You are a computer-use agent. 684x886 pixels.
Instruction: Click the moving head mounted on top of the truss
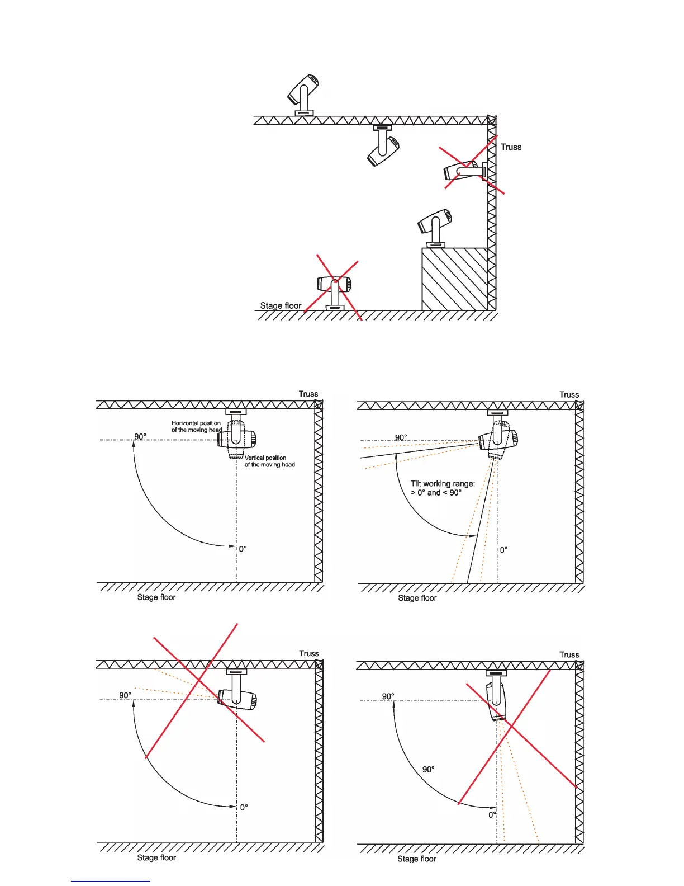click(303, 93)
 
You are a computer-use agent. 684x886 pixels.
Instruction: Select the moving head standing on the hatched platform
click(435, 225)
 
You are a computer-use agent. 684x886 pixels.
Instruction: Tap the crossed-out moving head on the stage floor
click(334, 288)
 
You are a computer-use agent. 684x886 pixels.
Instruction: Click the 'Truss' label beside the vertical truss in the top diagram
click(511, 147)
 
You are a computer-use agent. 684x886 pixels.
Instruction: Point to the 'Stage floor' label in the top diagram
click(281, 305)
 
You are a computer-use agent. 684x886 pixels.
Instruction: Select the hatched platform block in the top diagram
click(454, 279)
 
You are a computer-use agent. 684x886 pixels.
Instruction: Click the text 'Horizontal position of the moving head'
click(197, 426)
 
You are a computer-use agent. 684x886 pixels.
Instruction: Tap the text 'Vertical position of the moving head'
click(269, 461)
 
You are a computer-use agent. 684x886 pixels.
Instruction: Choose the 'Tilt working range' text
click(443, 488)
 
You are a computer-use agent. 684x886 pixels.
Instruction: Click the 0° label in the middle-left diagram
click(243, 549)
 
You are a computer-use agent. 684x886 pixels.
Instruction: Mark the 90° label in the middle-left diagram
click(140, 436)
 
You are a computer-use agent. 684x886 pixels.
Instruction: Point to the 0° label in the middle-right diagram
click(503, 550)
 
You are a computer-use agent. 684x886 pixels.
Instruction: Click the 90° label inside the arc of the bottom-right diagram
click(429, 769)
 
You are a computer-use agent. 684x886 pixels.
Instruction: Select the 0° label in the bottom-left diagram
click(244, 807)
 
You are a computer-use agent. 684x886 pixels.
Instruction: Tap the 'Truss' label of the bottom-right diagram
click(569, 654)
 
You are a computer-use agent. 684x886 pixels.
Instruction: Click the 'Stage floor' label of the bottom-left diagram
click(156, 857)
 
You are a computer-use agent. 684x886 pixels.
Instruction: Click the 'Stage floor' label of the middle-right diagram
click(417, 598)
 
